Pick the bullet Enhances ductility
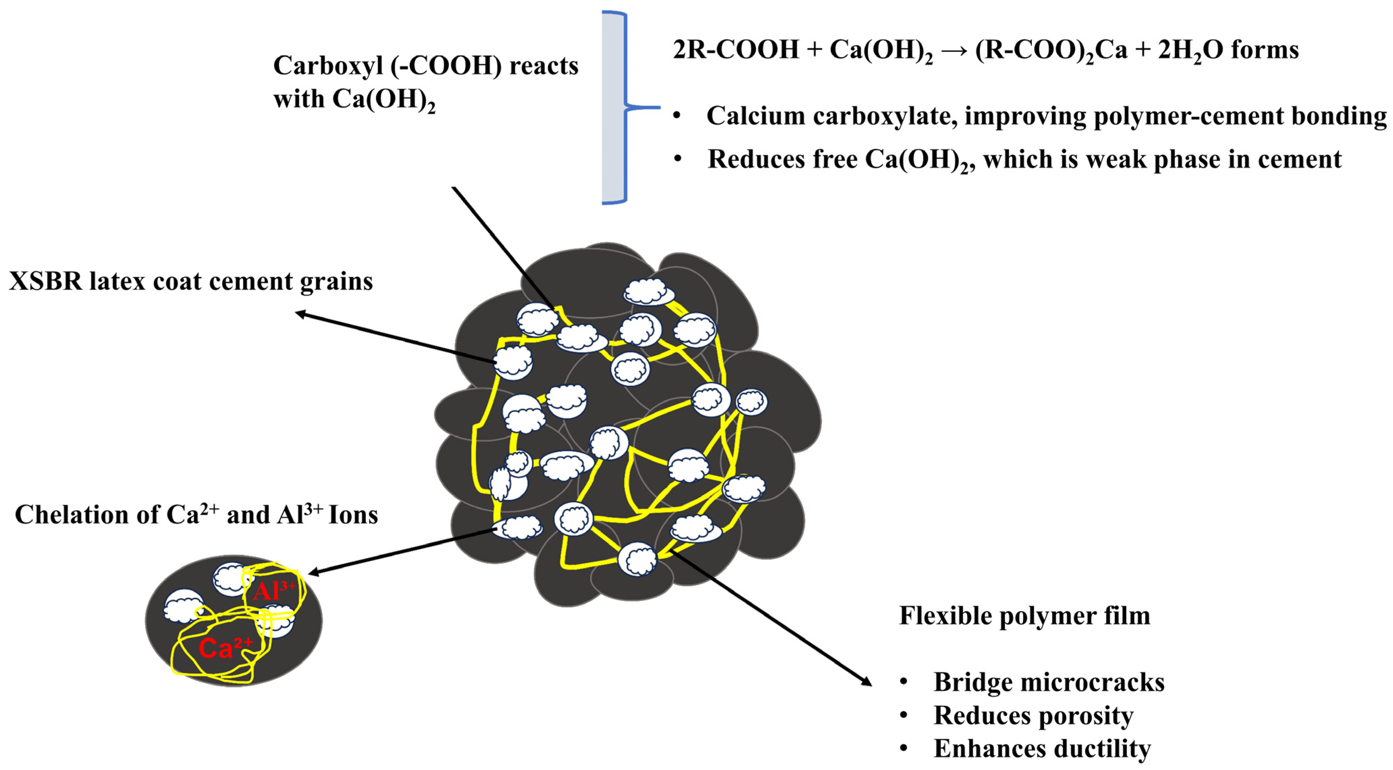click(1042, 749)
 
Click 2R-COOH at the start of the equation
click(735, 50)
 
